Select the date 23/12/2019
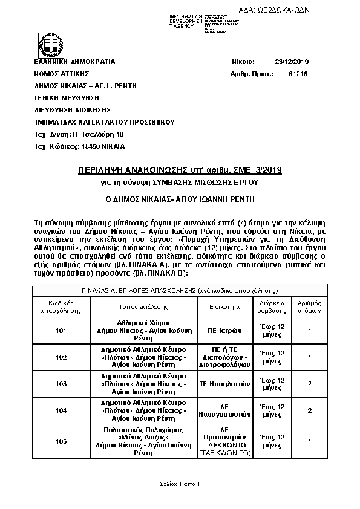[292, 62]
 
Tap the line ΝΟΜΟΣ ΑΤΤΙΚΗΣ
[60, 74]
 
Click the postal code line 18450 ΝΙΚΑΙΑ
[80, 147]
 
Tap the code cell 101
[61, 331]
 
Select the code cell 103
[61, 384]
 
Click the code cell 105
[61, 441]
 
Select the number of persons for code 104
[309, 410]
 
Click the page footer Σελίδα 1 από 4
[179, 485]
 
